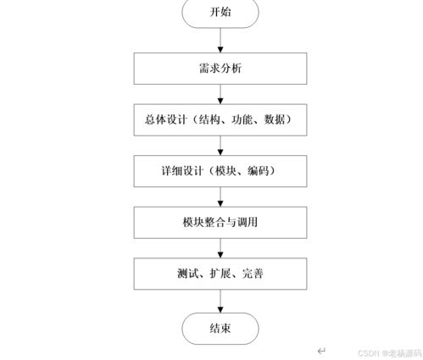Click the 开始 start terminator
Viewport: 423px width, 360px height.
[220, 13]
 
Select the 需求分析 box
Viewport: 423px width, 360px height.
[220, 69]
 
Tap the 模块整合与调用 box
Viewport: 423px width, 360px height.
[220, 223]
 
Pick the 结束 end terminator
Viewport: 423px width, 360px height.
[220, 329]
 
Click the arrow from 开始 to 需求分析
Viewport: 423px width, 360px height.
[220, 40]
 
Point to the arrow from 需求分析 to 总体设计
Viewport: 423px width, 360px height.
[220, 94]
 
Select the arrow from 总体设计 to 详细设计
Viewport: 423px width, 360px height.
[220, 146]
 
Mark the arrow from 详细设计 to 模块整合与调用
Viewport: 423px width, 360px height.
[220, 197]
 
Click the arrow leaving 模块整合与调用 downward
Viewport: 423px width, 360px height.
[220, 248]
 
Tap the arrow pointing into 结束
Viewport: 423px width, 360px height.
[220, 301]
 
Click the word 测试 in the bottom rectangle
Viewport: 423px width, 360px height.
[188, 274]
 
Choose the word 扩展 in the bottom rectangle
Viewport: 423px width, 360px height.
[220, 274]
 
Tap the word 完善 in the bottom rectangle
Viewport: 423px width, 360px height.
[253, 274]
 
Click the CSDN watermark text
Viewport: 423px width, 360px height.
[390, 353]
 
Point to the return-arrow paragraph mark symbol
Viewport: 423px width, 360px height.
[321, 351]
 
